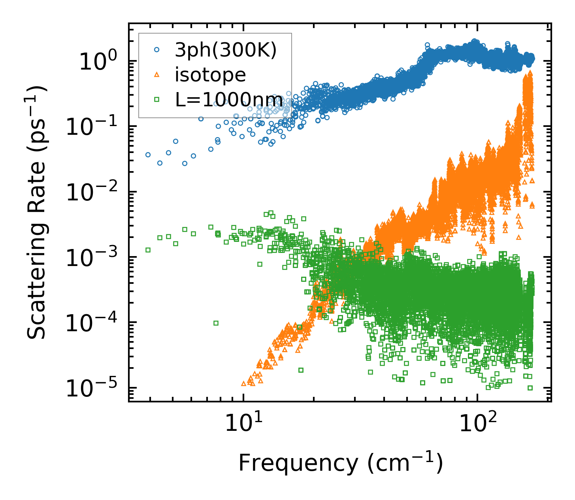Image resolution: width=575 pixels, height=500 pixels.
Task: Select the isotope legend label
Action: pyautogui.click(x=210, y=75)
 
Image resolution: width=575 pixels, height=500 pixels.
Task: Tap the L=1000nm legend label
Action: pyautogui.click(x=229, y=100)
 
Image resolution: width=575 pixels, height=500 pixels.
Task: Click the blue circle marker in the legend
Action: pyautogui.click(x=156, y=50)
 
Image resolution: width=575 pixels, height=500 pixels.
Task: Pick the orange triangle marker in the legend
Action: pyautogui.click(x=156, y=75)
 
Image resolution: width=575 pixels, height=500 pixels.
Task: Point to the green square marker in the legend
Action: pyautogui.click(x=156, y=100)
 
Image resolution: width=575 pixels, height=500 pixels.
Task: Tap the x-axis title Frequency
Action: pyautogui.click(x=340, y=463)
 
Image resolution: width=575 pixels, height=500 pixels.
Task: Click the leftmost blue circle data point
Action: pyautogui.click(x=148, y=155)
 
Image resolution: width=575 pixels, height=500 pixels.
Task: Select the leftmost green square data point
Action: pyautogui.click(x=148, y=250)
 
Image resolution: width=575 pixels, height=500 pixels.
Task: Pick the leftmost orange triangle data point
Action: pyautogui.click(x=243, y=383)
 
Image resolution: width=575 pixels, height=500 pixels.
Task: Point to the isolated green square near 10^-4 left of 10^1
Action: pyautogui.click(x=216, y=323)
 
